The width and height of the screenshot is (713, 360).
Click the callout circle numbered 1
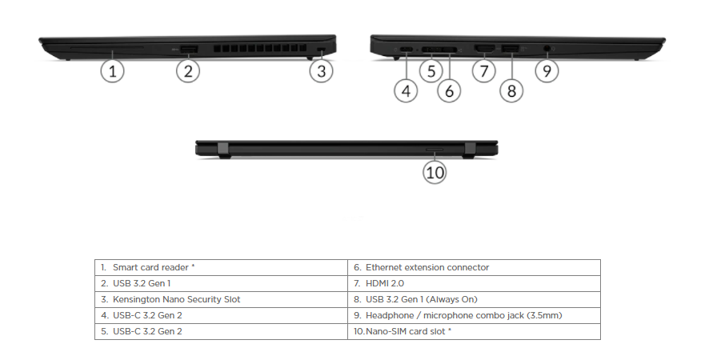coord(113,71)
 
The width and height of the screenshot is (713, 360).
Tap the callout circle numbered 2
coord(187,71)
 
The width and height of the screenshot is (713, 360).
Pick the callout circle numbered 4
coord(407,90)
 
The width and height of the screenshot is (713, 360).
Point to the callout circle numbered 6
coord(449,90)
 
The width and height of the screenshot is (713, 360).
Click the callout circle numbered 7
coord(483,71)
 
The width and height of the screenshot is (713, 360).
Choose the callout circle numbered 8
coord(512,90)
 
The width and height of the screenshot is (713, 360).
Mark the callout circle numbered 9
coord(547,71)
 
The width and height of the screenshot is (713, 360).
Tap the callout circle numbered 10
coord(435,171)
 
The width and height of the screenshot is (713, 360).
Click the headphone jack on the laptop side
coord(547,50)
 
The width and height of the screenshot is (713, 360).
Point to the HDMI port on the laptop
coord(483,50)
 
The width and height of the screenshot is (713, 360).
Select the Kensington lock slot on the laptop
coord(322,50)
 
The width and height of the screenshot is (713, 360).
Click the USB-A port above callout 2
coord(188,50)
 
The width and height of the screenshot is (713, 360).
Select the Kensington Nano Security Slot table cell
coord(176,299)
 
